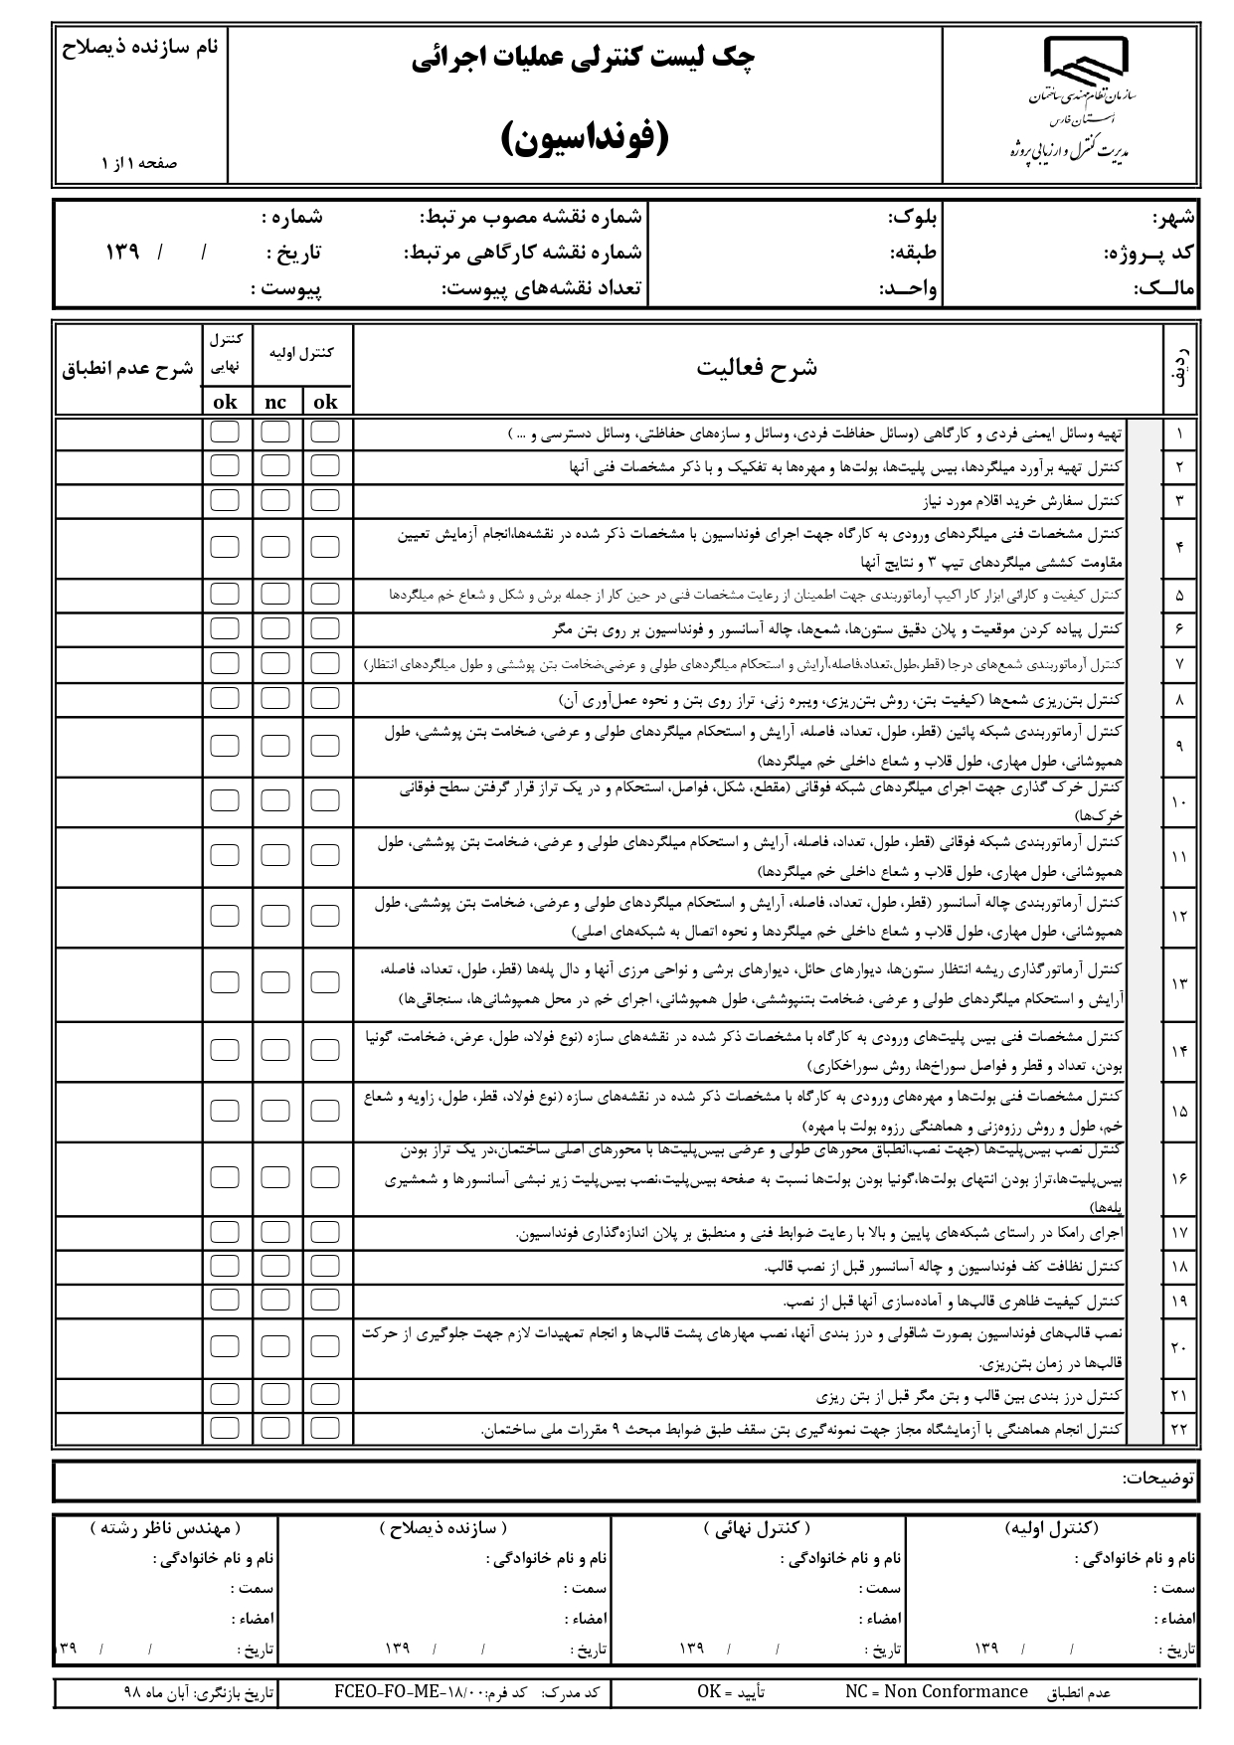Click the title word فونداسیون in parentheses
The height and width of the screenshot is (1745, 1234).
tap(585, 138)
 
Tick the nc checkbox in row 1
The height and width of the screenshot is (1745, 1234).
tap(275, 433)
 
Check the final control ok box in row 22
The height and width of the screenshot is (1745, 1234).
tap(225, 1429)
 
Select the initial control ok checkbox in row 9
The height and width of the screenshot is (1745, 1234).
tap(325, 746)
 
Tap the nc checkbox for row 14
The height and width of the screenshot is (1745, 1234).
tap(275, 1050)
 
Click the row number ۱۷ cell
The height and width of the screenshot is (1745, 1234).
tap(1180, 1233)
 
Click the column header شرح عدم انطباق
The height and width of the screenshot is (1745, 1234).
tap(127, 369)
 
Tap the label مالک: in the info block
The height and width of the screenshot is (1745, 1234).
tap(1165, 290)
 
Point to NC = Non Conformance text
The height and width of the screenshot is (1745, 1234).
tap(936, 1691)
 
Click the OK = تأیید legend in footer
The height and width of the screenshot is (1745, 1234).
tap(731, 1691)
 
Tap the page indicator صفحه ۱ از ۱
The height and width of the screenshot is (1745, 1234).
tap(139, 163)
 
